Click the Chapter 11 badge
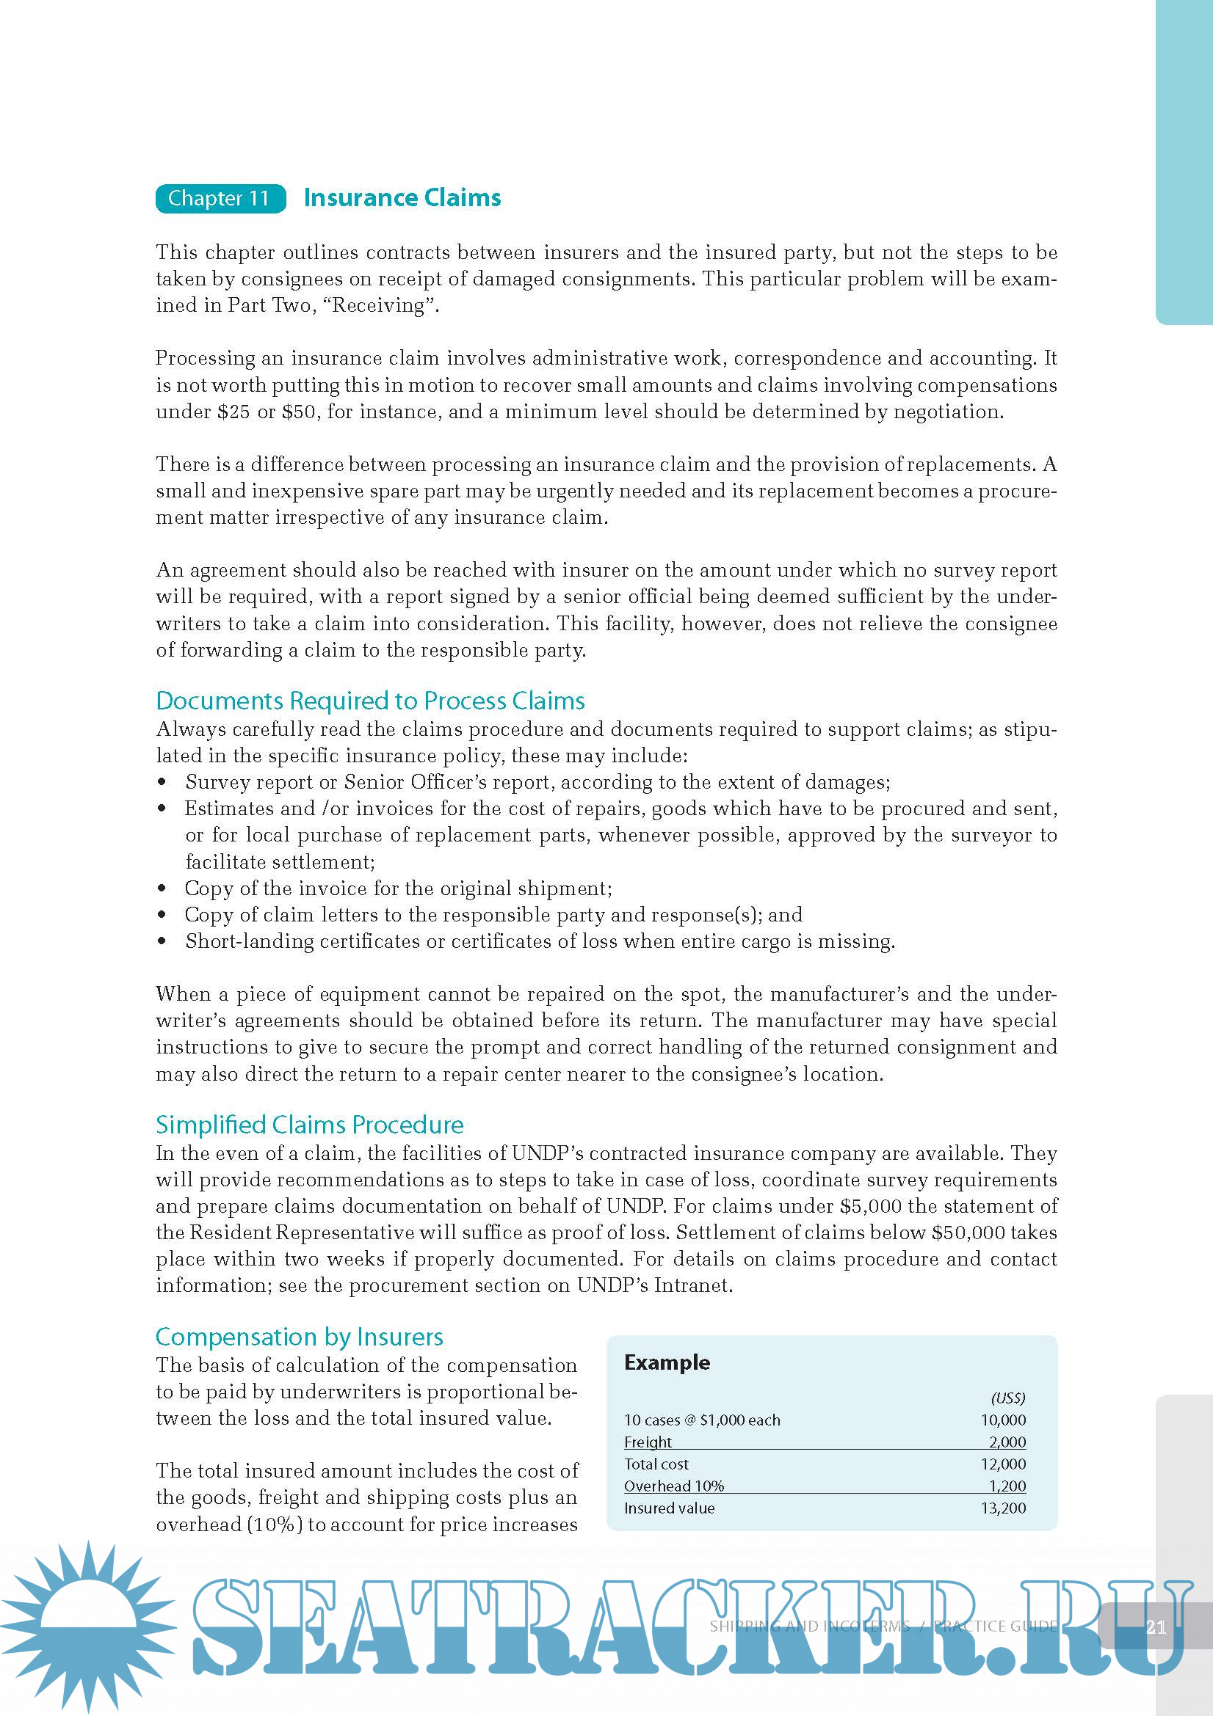pos(220,198)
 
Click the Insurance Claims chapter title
pos(402,197)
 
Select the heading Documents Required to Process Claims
pos(370,701)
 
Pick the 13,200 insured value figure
pos(1003,1508)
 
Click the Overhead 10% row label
pos(674,1486)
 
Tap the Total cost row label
pos(656,1464)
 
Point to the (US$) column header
pos(1008,1398)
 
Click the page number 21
pos(1156,1627)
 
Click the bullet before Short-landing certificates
pos(162,942)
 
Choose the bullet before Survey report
pos(162,783)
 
